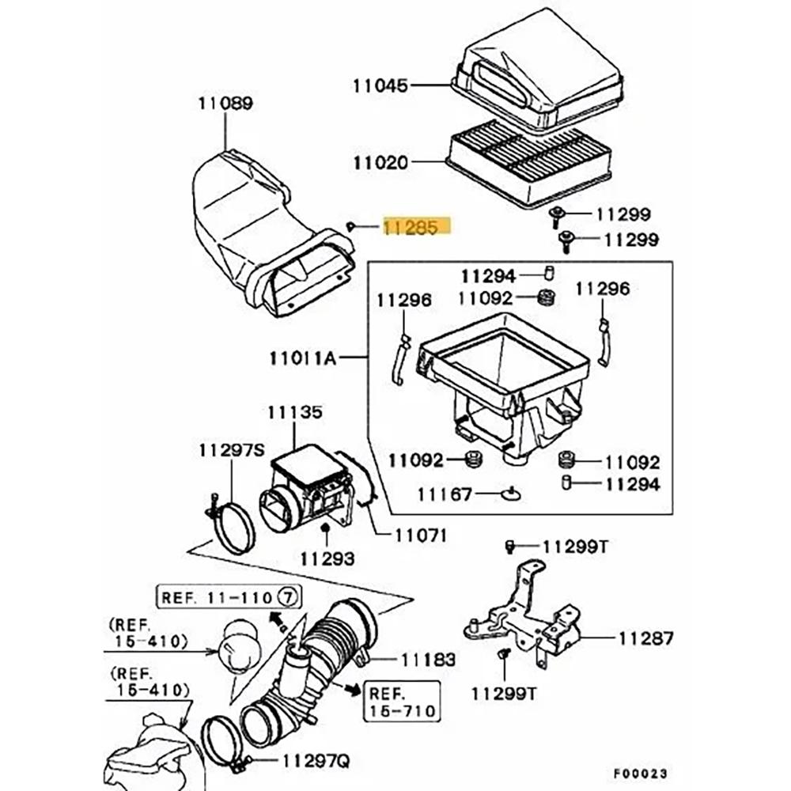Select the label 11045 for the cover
[x=380, y=85]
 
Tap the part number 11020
[x=380, y=163]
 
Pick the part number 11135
[x=294, y=412]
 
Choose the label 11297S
[x=231, y=450]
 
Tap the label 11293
[x=327, y=558]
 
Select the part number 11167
[x=445, y=494]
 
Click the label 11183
[x=428, y=658]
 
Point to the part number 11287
[x=645, y=636]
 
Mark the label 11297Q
[x=316, y=762]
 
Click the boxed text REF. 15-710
[x=401, y=702]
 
